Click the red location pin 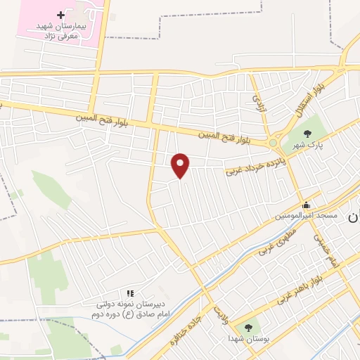point(181,165)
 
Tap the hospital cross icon point(61,14)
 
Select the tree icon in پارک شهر point(307,133)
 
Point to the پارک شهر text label point(307,145)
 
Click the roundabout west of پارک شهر point(273,143)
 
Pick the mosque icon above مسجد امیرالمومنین point(305,206)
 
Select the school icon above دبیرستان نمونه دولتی point(129,292)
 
